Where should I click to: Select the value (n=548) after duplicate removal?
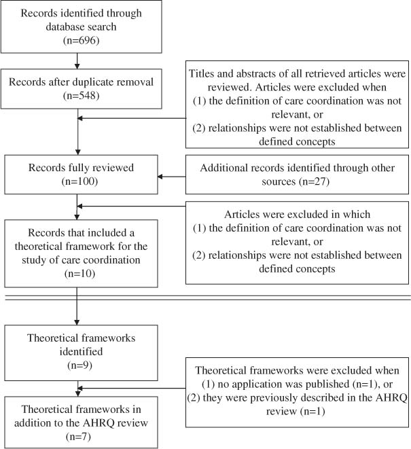tap(79, 95)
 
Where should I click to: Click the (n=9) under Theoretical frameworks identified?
tap(79, 366)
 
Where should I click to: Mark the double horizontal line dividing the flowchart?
tap(205, 297)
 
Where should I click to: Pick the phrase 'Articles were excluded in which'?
tap(299, 213)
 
